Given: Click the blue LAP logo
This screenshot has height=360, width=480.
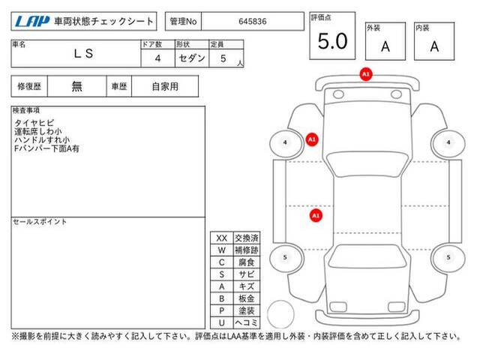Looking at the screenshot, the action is (x=32, y=22).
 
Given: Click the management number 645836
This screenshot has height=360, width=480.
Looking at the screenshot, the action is (x=253, y=22).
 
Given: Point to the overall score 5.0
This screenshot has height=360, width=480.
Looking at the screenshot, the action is (x=332, y=41).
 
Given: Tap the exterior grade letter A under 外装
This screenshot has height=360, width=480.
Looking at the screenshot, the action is (x=385, y=46).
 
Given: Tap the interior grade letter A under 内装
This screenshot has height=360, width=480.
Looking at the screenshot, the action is (x=434, y=46).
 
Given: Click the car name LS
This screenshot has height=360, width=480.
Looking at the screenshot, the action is (x=83, y=54).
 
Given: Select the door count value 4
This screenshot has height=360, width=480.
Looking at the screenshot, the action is (x=157, y=58).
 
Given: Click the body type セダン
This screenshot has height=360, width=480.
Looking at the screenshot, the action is (x=192, y=58).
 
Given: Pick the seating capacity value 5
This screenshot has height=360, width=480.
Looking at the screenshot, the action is (x=223, y=58).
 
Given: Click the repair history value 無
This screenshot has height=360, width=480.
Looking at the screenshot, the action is (x=76, y=86).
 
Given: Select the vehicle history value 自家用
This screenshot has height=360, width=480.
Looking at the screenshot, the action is (x=165, y=87).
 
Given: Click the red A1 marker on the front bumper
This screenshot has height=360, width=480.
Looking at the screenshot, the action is (x=366, y=74).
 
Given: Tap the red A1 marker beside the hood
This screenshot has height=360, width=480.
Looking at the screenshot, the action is (x=312, y=139).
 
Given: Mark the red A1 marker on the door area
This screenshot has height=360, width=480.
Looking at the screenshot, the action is (x=316, y=215).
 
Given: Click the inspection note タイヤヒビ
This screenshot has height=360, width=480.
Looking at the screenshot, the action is (x=34, y=123).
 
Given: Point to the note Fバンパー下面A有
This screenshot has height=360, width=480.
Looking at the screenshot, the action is (x=46, y=148).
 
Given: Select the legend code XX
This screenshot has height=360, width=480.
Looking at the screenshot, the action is (x=222, y=238).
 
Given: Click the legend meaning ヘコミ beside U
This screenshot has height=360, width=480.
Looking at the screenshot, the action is (x=247, y=322).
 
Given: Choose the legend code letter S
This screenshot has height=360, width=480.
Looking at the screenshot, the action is (x=222, y=274).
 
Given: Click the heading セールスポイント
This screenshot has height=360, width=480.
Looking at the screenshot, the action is (x=40, y=222).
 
